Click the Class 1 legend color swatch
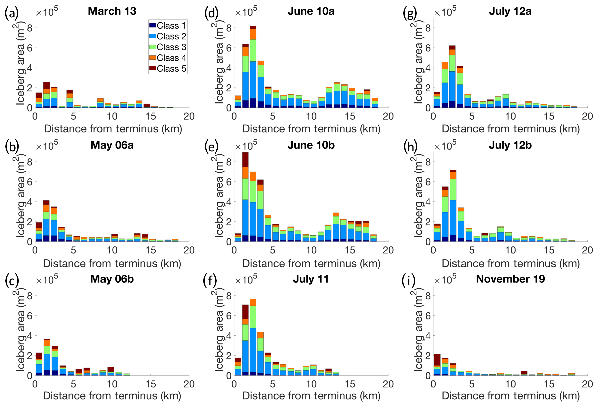[x=153, y=26]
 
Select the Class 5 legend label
[x=171, y=69]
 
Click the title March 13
[x=112, y=11]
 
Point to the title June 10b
[x=311, y=145]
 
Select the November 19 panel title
[x=510, y=279]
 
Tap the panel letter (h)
[x=410, y=146]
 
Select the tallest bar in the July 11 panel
[x=253, y=337]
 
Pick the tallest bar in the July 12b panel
[x=453, y=206]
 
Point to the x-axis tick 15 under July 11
[x=350, y=384]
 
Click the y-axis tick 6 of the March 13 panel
[x=30, y=48]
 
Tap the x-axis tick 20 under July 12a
[x=587, y=116]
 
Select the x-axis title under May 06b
[x=112, y=396]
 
